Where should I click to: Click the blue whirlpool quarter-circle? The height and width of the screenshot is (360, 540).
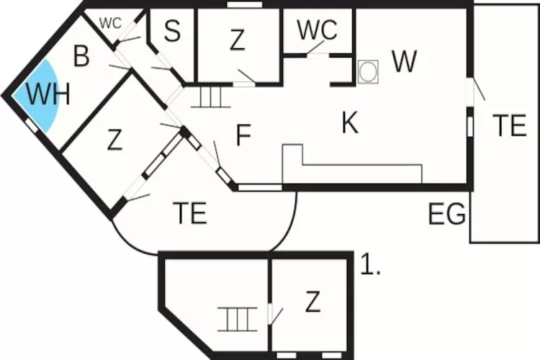(x=38, y=95)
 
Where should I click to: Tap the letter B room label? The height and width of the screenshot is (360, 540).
(x=81, y=56)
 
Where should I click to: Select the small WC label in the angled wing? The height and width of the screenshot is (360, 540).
(x=111, y=24)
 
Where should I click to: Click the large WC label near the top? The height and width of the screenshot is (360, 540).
(x=317, y=30)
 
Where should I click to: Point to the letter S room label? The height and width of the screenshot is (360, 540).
(x=172, y=31)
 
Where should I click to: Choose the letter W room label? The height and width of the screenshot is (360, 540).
(x=405, y=61)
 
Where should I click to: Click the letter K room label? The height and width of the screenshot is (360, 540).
(x=350, y=122)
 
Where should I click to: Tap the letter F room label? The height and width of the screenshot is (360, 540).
(x=243, y=135)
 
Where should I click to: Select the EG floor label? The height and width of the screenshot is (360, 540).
(x=447, y=214)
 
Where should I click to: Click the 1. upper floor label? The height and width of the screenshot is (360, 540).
(x=370, y=264)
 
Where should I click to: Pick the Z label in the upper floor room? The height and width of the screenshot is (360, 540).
(x=312, y=302)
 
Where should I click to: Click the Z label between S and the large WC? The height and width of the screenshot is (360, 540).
(x=238, y=40)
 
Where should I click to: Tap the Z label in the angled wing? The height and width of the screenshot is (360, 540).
(x=114, y=140)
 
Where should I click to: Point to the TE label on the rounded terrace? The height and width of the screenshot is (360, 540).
(x=190, y=213)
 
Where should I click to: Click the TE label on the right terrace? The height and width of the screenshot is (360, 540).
(x=509, y=125)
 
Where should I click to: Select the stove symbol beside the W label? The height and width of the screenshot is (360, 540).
(x=368, y=72)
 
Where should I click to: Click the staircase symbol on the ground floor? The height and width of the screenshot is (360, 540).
(x=210, y=96)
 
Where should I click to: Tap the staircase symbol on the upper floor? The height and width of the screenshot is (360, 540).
(x=238, y=320)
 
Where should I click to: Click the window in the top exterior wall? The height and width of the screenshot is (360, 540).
(x=245, y=4)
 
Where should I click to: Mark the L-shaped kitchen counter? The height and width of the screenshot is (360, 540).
(x=352, y=164)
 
